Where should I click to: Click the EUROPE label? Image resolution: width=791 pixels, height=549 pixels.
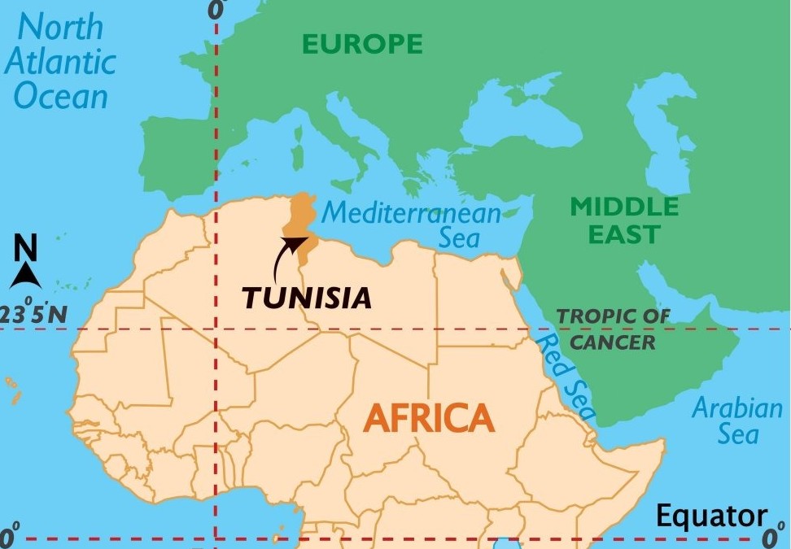(362, 44)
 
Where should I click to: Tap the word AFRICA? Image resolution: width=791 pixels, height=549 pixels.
(429, 418)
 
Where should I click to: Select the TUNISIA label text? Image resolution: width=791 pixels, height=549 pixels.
(307, 298)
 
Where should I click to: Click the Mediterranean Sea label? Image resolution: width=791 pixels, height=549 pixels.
(412, 224)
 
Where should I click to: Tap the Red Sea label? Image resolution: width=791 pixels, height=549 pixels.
(567, 376)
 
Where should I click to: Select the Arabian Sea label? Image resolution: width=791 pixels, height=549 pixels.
(736, 420)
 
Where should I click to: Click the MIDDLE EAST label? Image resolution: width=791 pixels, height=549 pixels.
(624, 220)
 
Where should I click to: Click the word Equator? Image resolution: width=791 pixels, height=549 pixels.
(711, 516)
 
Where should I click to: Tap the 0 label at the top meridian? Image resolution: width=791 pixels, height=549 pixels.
(216, 10)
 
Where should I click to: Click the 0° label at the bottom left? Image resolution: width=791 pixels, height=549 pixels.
(9, 537)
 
